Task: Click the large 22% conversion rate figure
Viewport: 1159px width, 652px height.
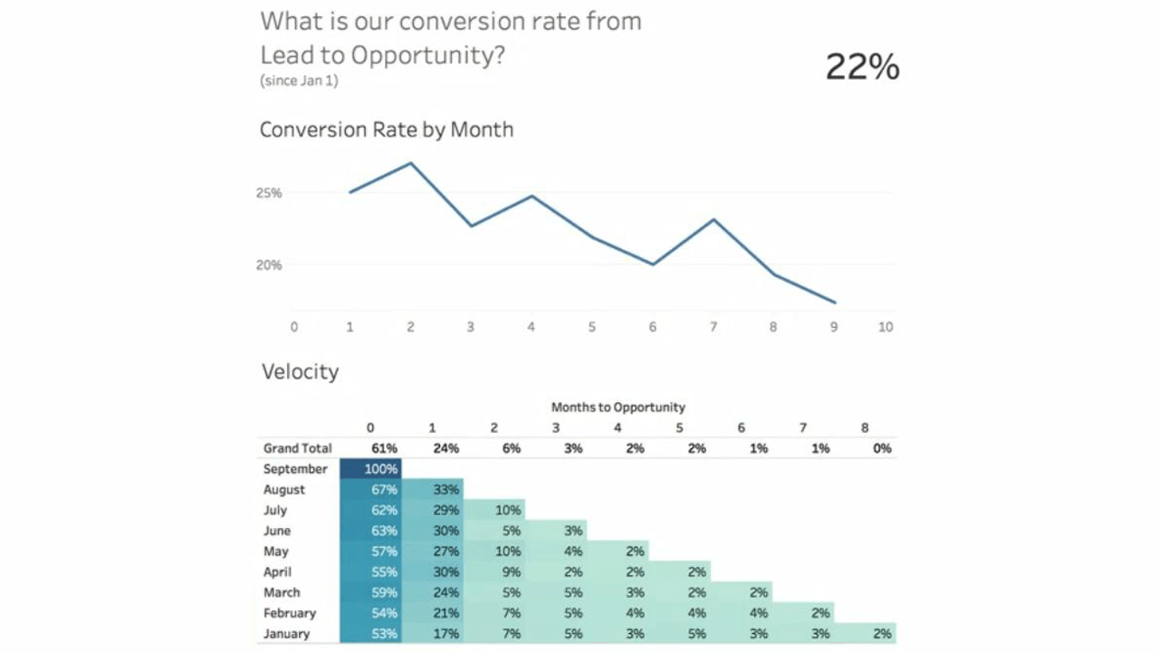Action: (862, 68)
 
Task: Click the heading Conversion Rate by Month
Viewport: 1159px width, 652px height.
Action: (387, 129)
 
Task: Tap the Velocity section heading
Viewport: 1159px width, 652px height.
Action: (300, 372)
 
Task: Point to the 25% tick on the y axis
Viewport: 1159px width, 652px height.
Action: (269, 193)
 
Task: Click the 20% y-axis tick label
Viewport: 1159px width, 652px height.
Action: (269, 265)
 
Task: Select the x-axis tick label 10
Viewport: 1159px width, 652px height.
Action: (886, 327)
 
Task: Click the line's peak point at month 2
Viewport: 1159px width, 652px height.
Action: (411, 163)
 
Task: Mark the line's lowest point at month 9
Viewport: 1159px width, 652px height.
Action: (834, 302)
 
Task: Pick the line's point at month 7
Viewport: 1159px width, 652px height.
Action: (714, 219)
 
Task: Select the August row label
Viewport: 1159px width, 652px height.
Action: (284, 490)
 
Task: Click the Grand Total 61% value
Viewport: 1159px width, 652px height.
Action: (384, 448)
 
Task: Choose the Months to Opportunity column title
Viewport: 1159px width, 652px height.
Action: (618, 407)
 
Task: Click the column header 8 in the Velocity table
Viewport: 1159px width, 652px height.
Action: (865, 427)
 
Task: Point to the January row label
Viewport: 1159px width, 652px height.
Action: (286, 634)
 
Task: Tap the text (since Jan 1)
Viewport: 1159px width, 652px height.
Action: (300, 81)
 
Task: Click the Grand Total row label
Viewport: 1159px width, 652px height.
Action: (298, 448)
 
